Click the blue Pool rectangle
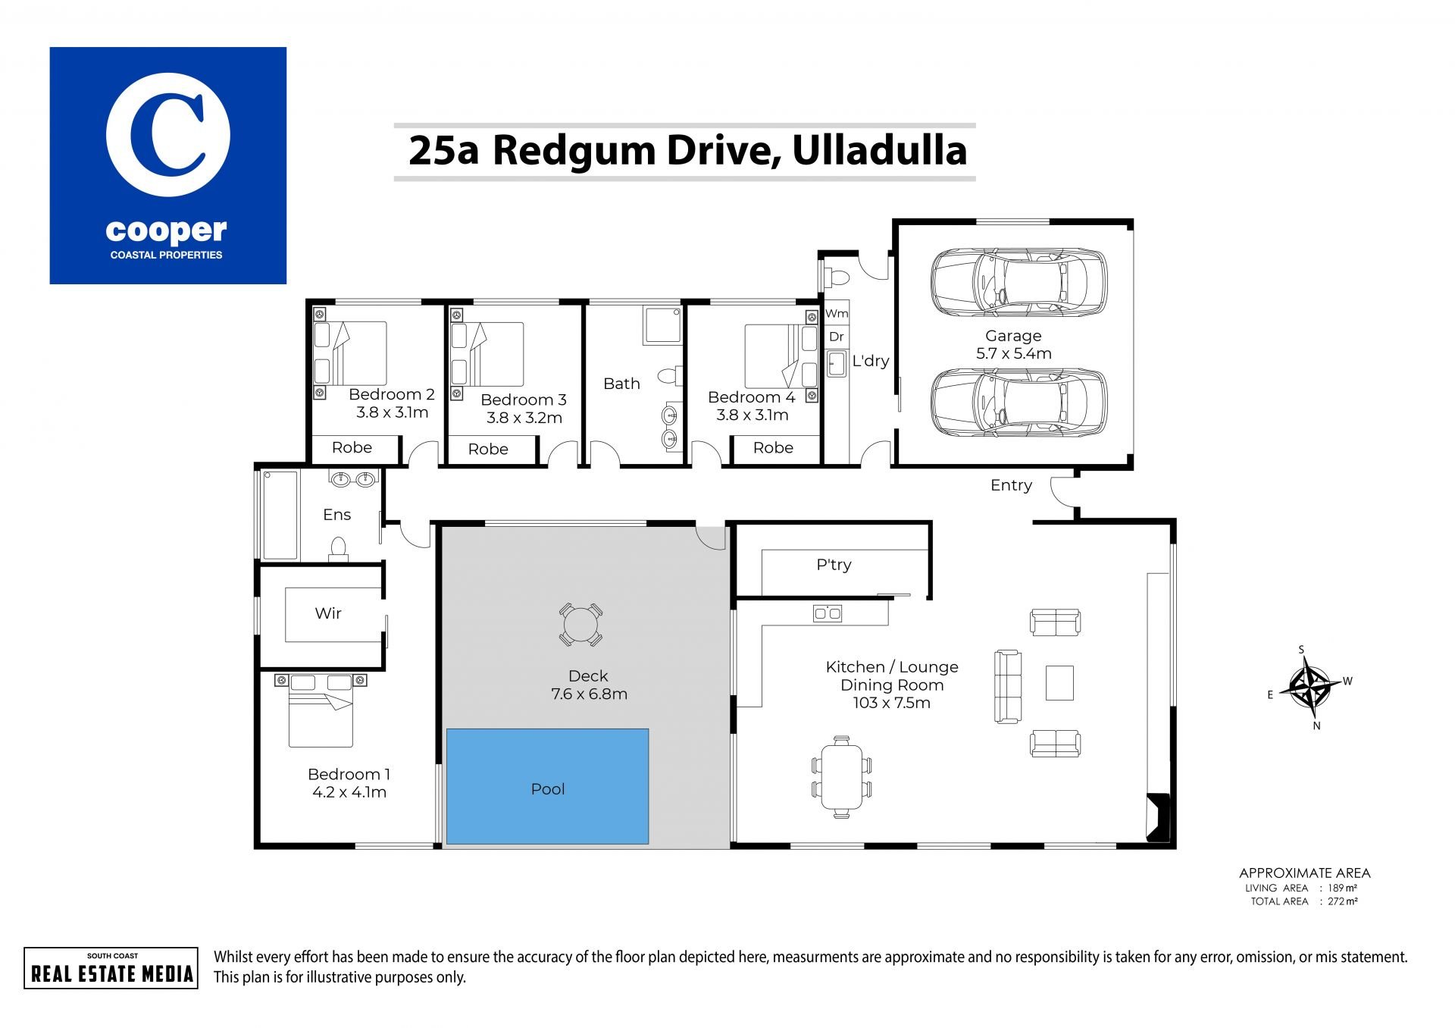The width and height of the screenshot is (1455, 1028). point(547,786)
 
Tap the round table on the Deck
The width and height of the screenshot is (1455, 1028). point(580,625)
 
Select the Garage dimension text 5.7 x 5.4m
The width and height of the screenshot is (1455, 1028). point(1014,353)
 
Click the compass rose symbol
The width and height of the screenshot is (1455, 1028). point(1309,685)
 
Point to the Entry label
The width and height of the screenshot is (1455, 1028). point(1011,485)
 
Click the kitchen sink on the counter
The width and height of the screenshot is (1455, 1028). point(827,613)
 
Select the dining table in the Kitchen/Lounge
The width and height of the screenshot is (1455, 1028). point(841,776)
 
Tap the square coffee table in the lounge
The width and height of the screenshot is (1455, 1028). point(1059,682)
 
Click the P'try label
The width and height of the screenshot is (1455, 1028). point(834,565)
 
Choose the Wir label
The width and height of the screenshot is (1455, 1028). point(328,613)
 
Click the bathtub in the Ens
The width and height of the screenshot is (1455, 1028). point(280,515)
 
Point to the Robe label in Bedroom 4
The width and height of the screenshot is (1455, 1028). point(773,447)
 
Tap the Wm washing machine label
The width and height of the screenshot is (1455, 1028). point(837,313)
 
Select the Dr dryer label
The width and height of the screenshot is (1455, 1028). point(837,337)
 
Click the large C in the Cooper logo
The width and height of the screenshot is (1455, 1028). point(167,135)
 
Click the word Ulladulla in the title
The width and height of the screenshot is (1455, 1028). point(879,150)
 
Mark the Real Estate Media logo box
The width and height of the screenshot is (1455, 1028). point(111,968)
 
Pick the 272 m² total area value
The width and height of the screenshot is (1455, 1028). point(1342,901)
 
